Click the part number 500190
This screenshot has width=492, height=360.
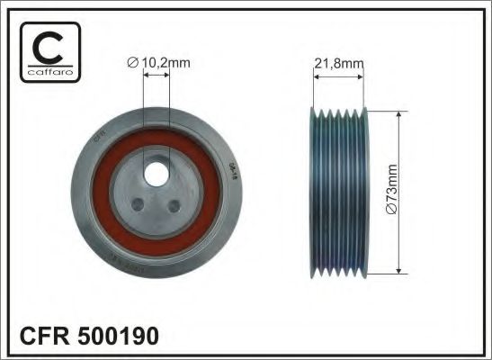[119, 337]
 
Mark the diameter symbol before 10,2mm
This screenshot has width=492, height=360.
[131, 62]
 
